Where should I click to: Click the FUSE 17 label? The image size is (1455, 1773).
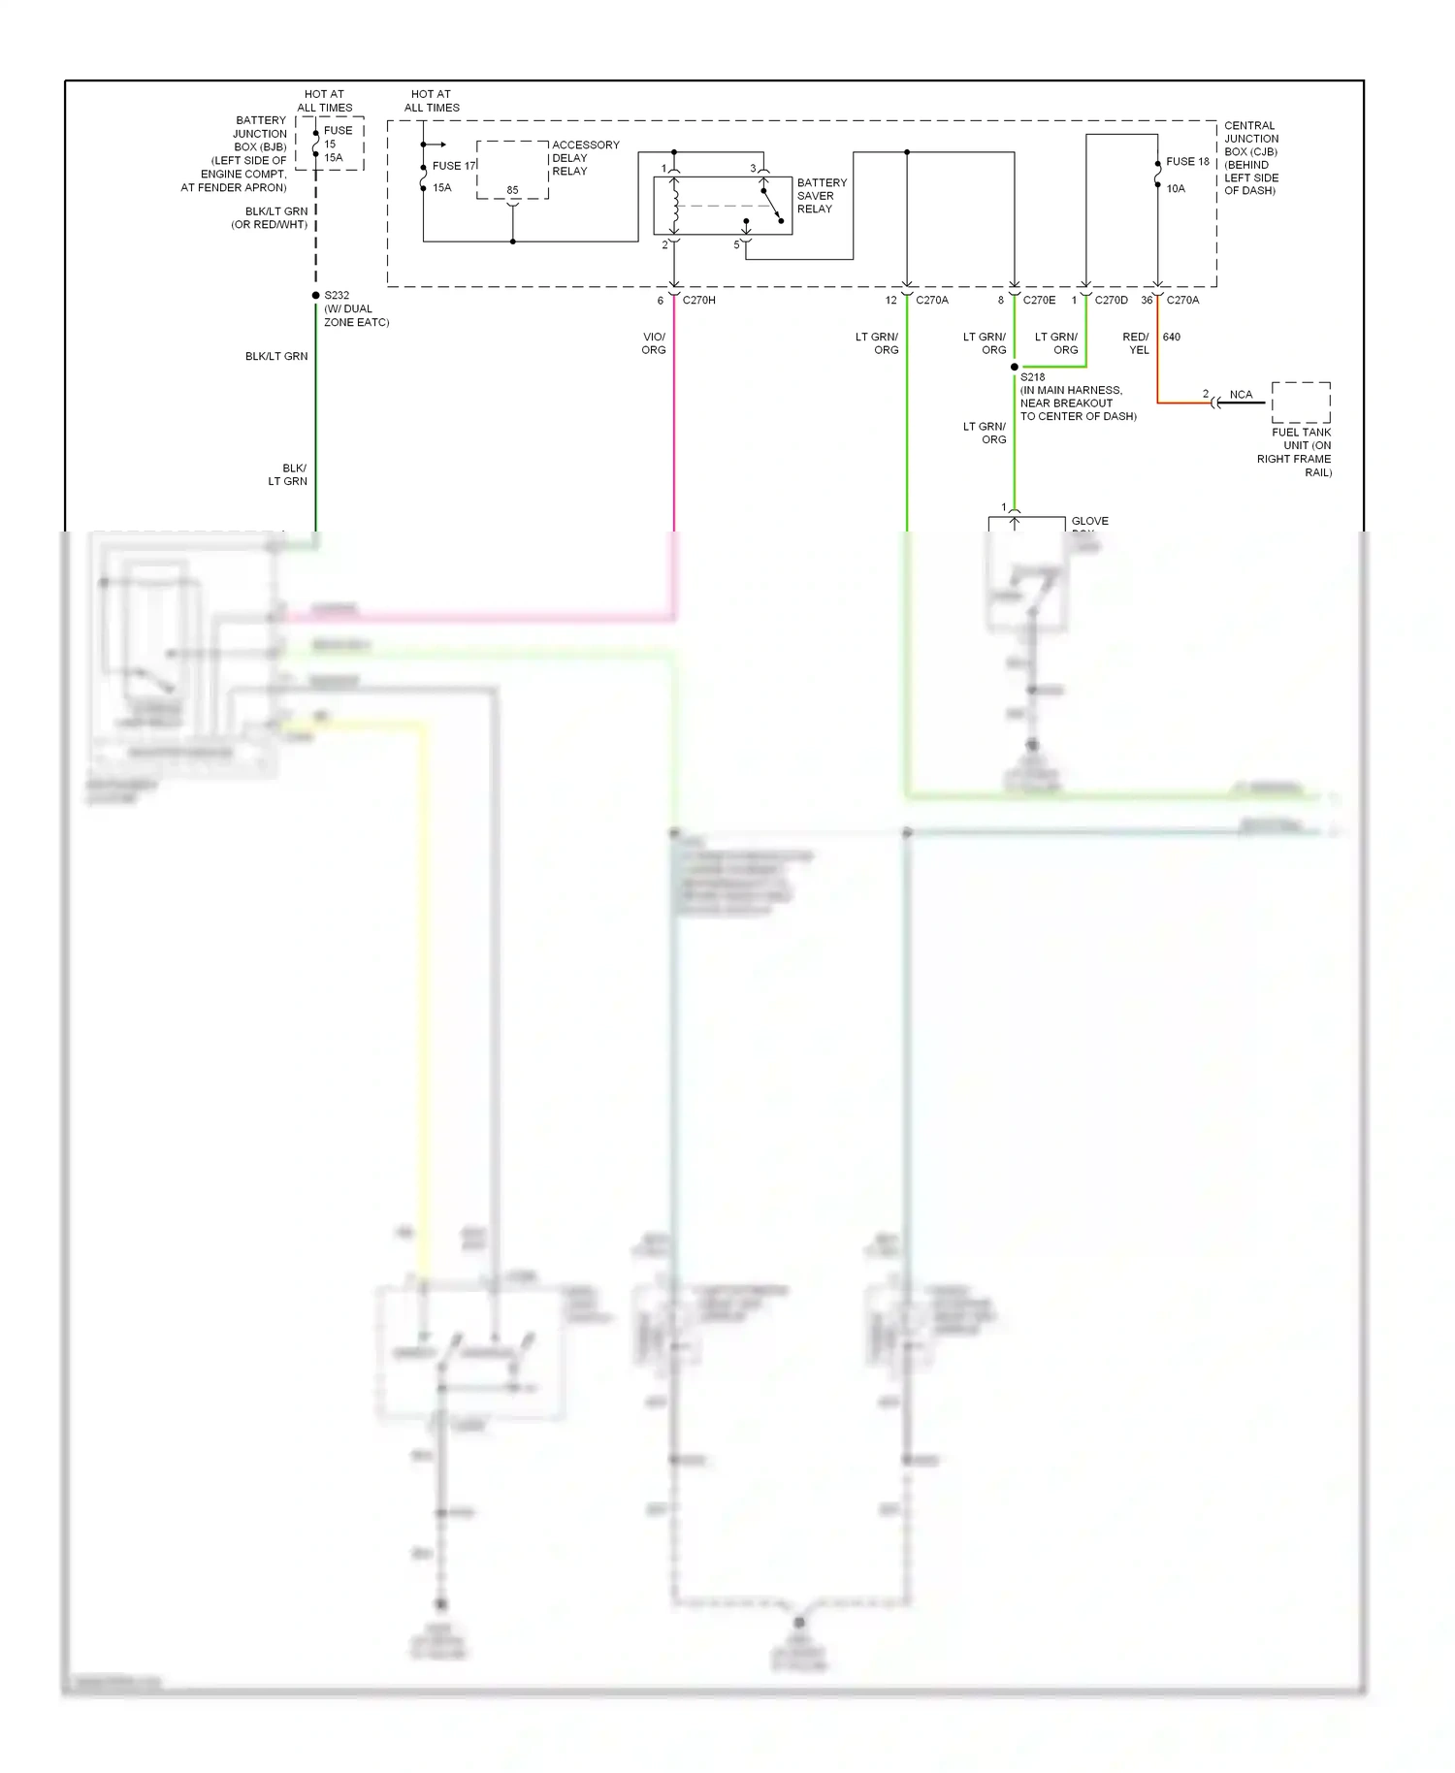pos(454,166)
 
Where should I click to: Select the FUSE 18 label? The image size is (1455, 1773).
pos(1187,162)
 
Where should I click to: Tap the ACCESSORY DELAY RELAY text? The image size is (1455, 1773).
pos(585,158)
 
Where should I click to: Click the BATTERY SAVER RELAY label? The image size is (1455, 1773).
pos(822,196)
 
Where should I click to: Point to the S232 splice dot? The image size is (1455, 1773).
pos(315,296)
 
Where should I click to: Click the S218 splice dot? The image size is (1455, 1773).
pos(1015,368)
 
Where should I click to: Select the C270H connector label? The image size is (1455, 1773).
pos(698,301)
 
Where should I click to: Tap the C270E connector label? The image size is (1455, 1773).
pos(1039,301)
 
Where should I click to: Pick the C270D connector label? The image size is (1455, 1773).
pos(1111,301)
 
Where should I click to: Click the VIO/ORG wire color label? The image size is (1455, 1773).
pos(654,343)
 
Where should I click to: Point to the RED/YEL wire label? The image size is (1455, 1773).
pos(1136,343)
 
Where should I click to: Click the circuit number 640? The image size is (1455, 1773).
pos(1172,338)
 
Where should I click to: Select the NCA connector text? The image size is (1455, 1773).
pos(1241,395)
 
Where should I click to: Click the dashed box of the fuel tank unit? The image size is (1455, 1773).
pos(1301,403)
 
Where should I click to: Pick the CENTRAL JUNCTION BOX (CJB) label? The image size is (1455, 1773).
pos(1250,158)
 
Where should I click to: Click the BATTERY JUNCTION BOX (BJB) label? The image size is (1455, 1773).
pos(247,154)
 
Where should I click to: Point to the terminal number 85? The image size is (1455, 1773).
pos(512,190)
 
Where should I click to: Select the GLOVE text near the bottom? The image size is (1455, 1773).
pos(1089,522)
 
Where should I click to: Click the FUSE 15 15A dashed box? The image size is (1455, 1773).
pos(330,144)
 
